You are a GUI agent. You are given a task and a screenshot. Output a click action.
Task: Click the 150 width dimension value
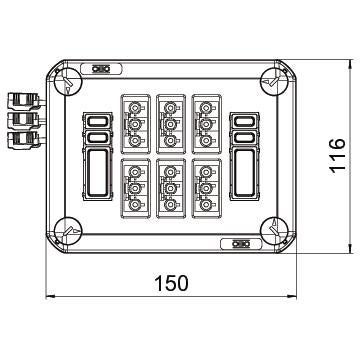tap(172, 283)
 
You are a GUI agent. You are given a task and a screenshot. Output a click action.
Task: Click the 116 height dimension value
tap(337, 156)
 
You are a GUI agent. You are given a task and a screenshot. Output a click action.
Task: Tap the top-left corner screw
tap(69, 82)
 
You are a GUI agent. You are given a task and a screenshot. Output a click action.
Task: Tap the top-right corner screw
tap(274, 82)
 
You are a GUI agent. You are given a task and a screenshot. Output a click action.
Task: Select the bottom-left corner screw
tap(69, 231)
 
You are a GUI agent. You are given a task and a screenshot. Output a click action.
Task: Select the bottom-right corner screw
tap(274, 231)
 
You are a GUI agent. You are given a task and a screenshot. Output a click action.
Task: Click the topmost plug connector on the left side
tap(24, 101)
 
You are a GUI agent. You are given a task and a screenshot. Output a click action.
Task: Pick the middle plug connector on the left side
tap(24, 120)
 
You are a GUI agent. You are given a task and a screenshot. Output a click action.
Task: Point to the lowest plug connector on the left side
tap(24, 140)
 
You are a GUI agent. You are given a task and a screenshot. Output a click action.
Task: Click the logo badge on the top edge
tap(101, 69)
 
